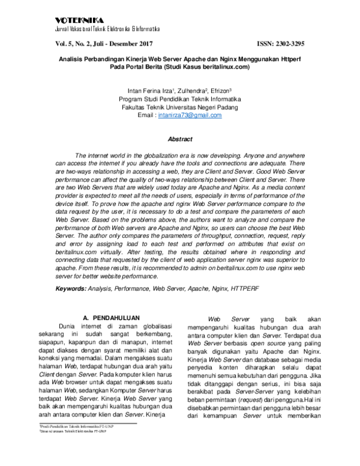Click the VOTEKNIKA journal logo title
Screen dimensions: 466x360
pos(75,20)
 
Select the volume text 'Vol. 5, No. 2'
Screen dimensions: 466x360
pos(74,43)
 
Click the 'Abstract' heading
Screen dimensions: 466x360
pos(179,139)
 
